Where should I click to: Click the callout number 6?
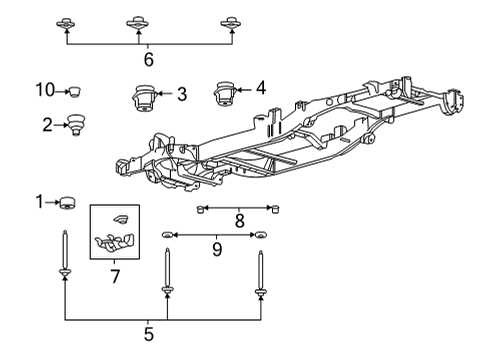click(x=149, y=60)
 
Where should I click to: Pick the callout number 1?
click(x=41, y=203)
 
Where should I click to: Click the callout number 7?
click(x=114, y=273)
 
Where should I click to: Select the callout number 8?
click(x=239, y=219)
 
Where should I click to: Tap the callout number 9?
click(x=217, y=245)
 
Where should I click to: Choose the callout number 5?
click(x=149, y=332)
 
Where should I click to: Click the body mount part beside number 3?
click(x=143, y=99)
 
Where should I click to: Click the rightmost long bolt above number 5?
click(x=261, y=270)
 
